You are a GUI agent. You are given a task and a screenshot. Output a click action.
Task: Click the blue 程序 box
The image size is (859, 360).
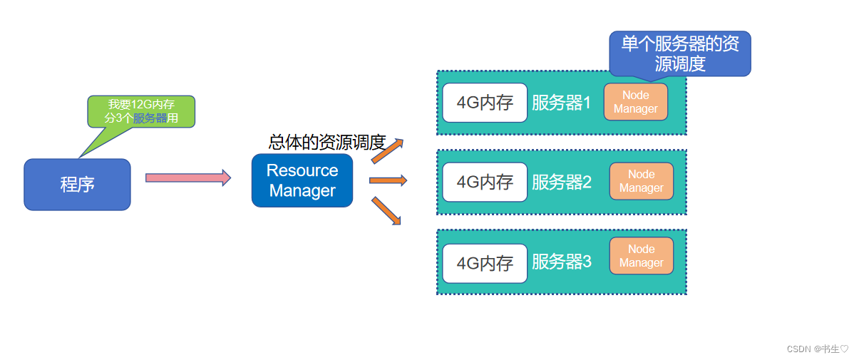point(77,185)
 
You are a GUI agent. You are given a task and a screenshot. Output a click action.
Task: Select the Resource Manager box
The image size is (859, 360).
point(302,180)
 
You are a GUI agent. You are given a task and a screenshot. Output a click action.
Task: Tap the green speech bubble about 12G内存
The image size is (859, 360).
point(140,111)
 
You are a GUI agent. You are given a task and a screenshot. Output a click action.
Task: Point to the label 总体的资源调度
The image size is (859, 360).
point(326,142)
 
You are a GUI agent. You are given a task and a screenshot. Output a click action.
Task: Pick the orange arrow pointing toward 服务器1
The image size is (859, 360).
point(388,150)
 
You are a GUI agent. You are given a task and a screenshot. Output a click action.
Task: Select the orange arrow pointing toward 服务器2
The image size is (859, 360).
point(388,180)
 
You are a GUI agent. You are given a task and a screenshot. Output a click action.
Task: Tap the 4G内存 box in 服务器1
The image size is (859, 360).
point(485,103)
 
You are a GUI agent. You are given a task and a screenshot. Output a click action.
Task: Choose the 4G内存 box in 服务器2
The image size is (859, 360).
point(485,182)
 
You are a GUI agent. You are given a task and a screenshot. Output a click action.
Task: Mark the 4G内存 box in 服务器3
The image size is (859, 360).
point(485,263)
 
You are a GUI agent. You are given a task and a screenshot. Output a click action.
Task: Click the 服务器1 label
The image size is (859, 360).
point(562,103)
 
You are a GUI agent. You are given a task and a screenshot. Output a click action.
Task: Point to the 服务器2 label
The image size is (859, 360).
point(562,182)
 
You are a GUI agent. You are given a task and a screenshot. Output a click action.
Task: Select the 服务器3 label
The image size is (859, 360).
point(562,262)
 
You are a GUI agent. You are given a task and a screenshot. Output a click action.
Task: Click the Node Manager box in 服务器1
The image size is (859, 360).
point(636,102)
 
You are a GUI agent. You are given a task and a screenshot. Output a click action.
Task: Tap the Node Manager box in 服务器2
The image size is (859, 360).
point(641,181)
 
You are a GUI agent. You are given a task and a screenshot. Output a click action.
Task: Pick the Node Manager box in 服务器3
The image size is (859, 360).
point(641,256)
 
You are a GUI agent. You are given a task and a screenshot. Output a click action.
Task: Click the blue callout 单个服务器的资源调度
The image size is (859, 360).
point(680,53)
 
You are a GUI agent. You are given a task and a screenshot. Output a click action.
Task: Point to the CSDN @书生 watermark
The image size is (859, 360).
point(818,349)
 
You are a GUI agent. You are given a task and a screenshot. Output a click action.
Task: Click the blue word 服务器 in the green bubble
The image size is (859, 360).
point(150,118)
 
